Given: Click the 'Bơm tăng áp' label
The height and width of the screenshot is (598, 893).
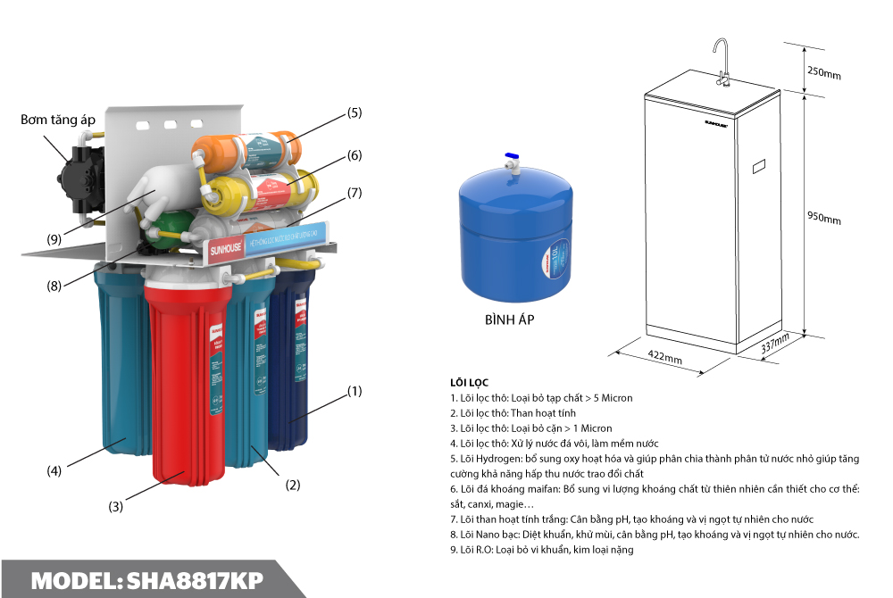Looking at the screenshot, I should (58, 119).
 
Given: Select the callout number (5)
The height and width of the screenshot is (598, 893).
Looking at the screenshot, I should (355, 112).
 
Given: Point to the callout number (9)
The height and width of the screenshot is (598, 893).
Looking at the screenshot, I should (54, 238).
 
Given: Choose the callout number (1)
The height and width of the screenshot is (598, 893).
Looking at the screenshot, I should (355, 391).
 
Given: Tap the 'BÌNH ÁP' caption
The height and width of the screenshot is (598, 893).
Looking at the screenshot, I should (509, 320).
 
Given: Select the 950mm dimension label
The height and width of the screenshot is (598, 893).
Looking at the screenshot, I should (823, 220).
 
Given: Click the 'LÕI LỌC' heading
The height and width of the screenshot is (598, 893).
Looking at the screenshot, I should (470, 382).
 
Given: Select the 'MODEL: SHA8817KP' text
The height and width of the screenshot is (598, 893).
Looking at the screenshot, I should (147, 580).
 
